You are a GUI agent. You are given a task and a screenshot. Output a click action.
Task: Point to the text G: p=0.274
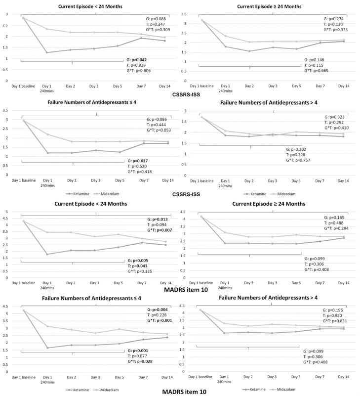[332, 18]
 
